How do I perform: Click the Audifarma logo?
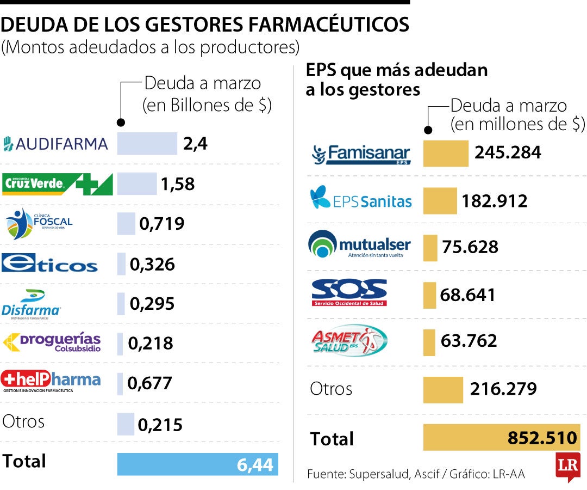click(55, 144)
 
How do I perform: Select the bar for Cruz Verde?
click(137, 184)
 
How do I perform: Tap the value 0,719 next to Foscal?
click(162, 224)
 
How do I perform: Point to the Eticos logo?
click(50, 264)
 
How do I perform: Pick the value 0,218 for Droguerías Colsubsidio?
click(151, 343)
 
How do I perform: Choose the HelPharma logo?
click(51, 381)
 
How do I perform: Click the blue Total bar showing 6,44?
click(197, 464)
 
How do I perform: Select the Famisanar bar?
click(446, 153)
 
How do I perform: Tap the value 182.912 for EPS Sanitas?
click(495, 201)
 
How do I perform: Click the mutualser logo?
click(359, 245)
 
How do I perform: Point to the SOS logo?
click(349, 293)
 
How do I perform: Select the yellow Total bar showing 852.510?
click(500, 438)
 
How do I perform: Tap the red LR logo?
click(567, 466)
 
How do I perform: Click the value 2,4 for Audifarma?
click(196, 144)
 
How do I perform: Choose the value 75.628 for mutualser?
click(470, 247)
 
